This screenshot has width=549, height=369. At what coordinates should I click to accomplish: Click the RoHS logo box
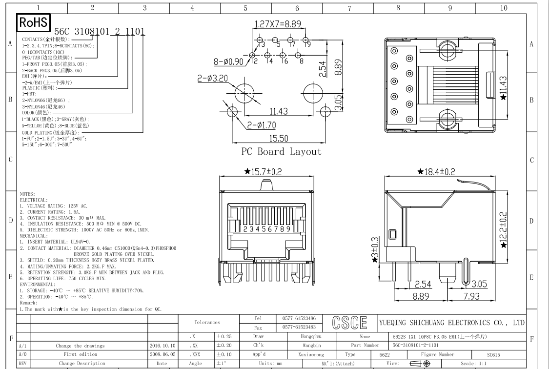[x=33, y=22]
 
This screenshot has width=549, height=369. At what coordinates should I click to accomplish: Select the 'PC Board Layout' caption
[x=282, y=151]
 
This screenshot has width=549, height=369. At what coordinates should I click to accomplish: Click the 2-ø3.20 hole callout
[x=211, y=78]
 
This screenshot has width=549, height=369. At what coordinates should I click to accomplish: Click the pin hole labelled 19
[x=305, y=40]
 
